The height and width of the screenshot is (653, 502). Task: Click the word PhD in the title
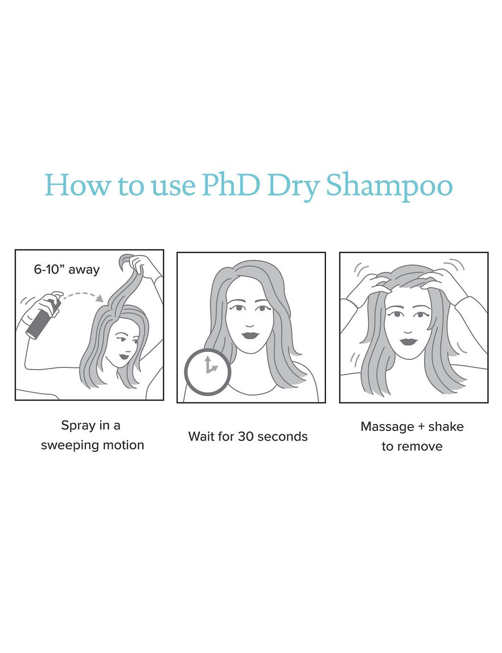coord(230,185)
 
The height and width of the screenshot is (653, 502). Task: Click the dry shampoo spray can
coord(43,318)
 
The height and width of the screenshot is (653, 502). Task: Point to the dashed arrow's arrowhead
coord(100,298)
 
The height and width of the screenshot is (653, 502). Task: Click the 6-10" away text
coord(67,270)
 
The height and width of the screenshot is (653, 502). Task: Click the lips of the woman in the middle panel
coord(251,335)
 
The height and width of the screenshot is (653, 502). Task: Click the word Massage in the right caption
coord(387,427)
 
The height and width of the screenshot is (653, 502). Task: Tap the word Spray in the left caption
coord(78,425)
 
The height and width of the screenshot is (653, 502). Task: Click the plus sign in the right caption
coord(421,427)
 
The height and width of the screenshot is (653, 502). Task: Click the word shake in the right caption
coord(446,427)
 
